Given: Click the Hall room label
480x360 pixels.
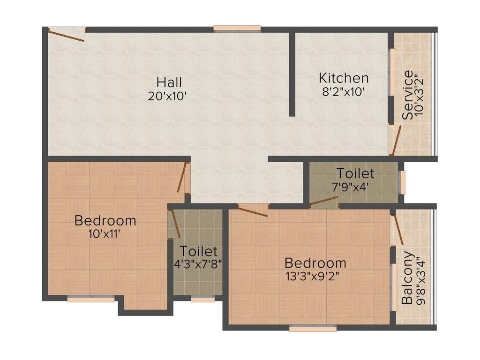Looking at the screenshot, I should pos(169,82).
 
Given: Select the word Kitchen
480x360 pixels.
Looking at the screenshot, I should pos(344,78).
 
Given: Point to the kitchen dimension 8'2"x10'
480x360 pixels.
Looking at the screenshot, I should pos(343,92).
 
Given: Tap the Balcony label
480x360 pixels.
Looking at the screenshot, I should pos(408,277).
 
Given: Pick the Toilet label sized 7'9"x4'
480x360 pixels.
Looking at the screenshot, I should pos(355,173).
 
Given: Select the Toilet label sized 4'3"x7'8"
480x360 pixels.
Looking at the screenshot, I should pos(198,251).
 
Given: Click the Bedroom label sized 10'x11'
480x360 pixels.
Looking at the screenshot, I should pos(105,220).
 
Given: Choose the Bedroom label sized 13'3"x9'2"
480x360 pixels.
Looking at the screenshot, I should pos(315,262).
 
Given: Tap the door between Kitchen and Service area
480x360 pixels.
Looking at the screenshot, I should pos(396,140).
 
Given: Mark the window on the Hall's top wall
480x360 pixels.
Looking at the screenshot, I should pos(237,29).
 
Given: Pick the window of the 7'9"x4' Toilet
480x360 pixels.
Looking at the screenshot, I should pos(402,182).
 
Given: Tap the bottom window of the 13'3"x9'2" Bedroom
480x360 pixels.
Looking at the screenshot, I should pos(313,329).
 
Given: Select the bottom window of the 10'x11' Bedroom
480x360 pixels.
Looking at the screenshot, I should pos(91,299).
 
